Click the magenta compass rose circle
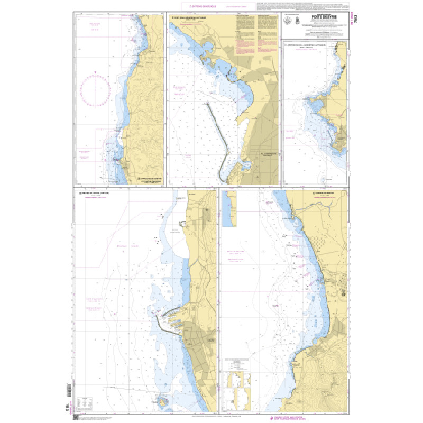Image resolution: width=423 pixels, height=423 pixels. (95, 90)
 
